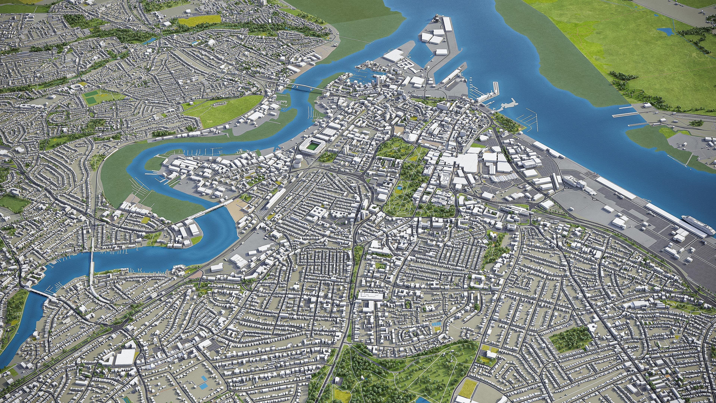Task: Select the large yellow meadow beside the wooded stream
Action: coord(199,19)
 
